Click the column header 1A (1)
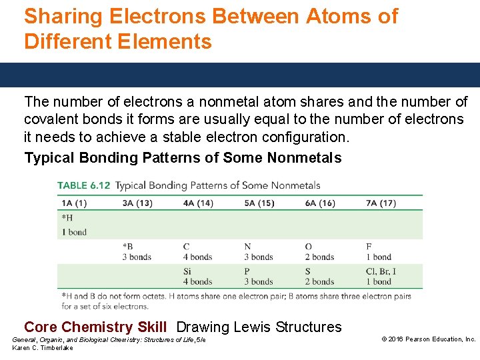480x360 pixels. (74, 203)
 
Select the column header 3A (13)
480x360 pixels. (137, 203)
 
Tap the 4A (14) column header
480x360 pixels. (198, 203)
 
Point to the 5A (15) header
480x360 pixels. (259, 203)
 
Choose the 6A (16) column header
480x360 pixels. (320, 203)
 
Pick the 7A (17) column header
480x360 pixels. (381, 203)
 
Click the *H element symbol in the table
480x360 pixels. (67, 218)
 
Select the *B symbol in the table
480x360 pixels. (128, 247)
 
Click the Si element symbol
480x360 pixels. (187, 271)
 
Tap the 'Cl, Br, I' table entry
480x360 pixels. (381, 271)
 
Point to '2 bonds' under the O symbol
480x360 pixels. (319, 257)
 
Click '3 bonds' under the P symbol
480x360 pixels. (259, 282)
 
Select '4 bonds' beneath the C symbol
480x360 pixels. (198, 257)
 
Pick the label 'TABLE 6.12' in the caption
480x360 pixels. (84, 185)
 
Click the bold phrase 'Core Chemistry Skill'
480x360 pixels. (95, 327)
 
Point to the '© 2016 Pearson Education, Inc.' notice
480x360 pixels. (428, 339)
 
